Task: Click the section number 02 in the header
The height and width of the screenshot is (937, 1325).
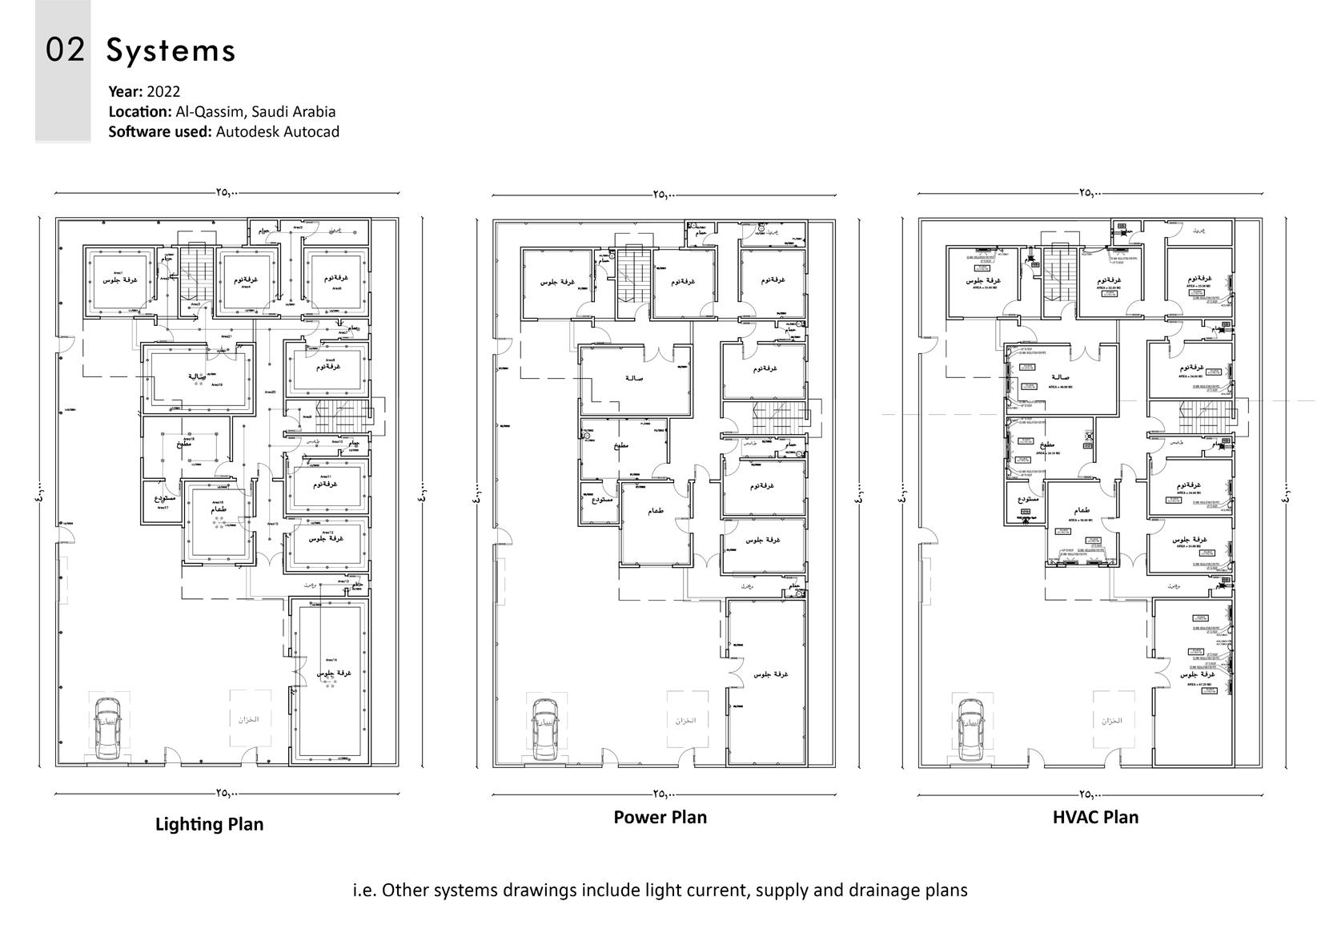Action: click(65, 50)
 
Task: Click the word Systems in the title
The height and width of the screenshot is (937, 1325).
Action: click(171, 50)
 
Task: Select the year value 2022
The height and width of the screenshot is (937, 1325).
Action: click(163, 91)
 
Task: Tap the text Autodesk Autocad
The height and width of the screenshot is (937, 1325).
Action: click(277, 131)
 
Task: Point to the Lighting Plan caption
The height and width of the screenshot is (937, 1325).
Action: click(209, 824)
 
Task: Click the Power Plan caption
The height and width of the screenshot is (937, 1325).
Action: click(660, 817)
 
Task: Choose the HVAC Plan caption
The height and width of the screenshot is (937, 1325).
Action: click(1095, 817)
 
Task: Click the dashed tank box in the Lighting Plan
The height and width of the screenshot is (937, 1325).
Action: click(249, 719)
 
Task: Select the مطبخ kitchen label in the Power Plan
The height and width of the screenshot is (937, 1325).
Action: click(620, 445)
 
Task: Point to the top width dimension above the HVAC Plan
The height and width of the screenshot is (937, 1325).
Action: click(1090, 193)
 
